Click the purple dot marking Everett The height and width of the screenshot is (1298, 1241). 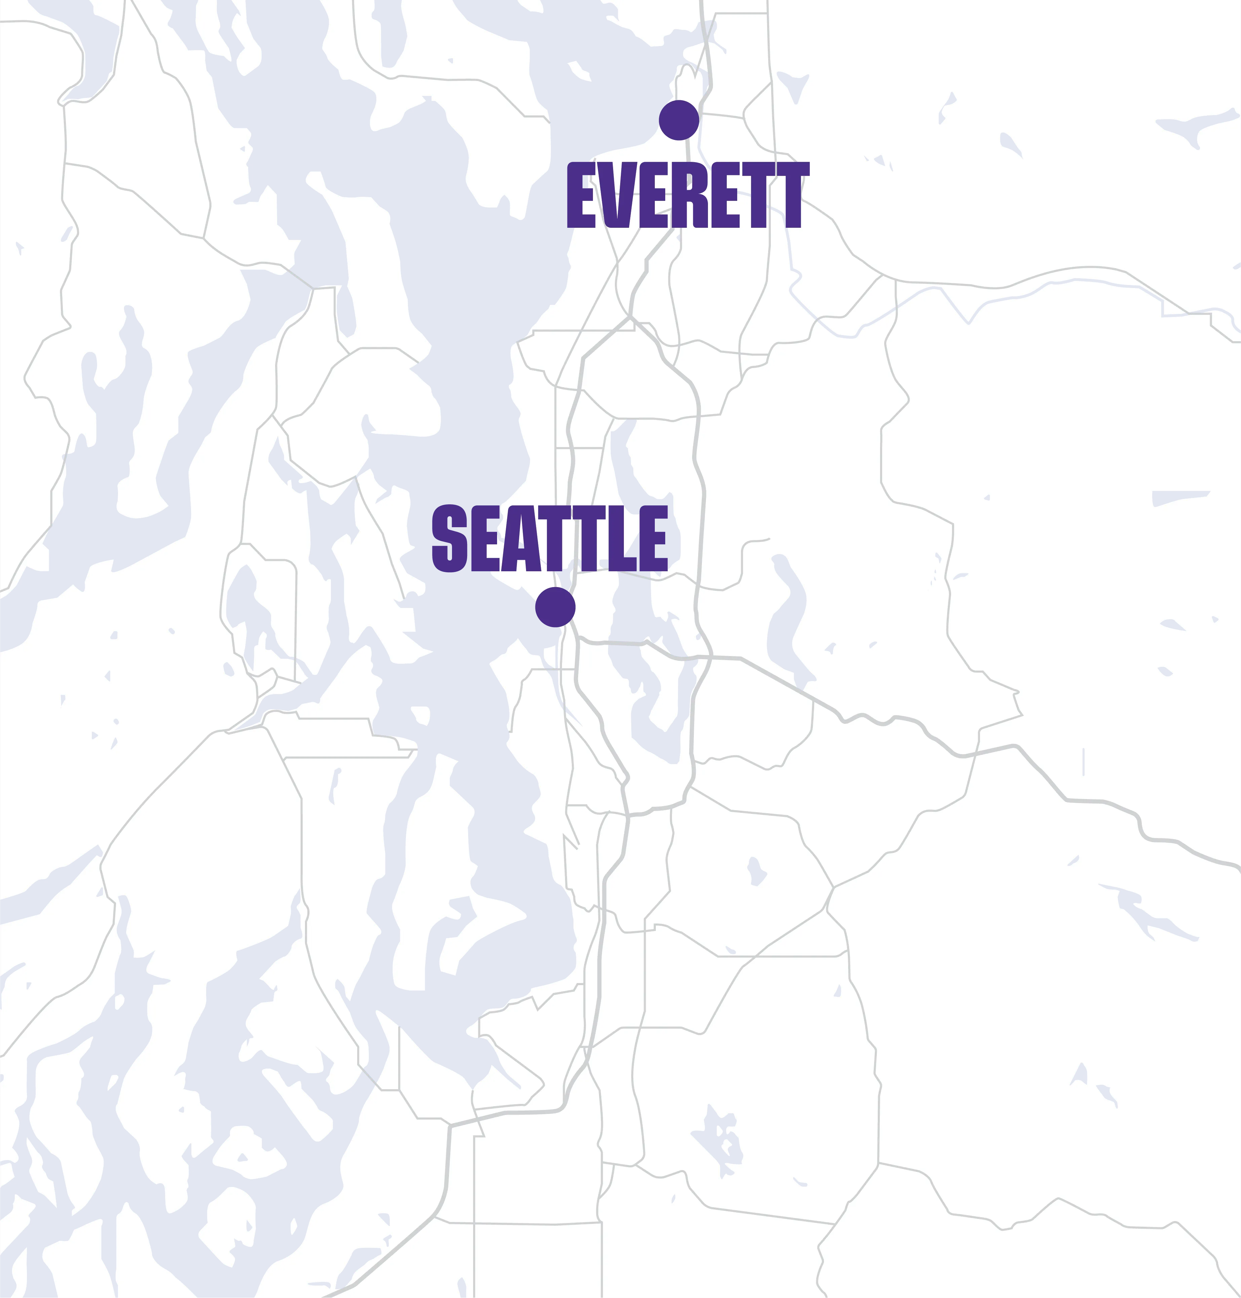tap(679, 120)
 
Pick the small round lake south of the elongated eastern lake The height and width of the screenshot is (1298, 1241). tap(755, 870)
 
